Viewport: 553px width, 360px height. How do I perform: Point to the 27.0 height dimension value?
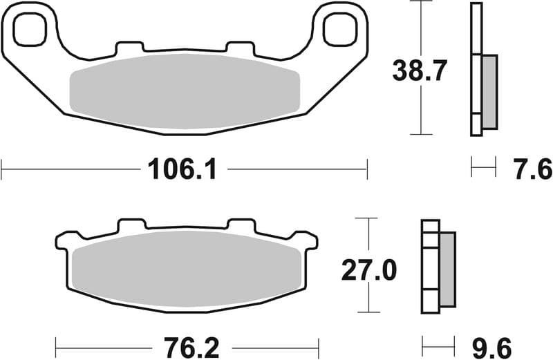369,270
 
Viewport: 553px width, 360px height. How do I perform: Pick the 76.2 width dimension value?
187,345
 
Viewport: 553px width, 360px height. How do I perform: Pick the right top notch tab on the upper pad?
240,48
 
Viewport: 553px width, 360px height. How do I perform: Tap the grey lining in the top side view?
489,91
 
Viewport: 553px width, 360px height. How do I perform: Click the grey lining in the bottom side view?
447,269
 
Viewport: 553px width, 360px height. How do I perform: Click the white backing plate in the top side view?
476,69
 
